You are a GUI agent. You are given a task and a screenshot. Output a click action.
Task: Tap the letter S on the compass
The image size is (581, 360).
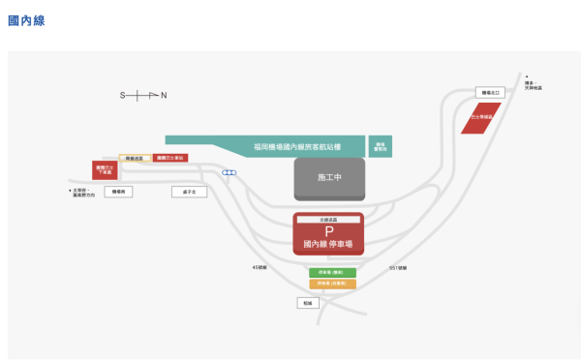[x=122, y=95]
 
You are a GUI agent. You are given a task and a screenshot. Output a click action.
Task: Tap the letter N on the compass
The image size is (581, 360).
[x=164, y=95]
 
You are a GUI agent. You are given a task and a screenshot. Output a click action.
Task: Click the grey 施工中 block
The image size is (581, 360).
[x=329, y=179]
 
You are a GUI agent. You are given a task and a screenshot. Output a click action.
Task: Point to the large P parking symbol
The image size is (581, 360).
[x=328, y=231]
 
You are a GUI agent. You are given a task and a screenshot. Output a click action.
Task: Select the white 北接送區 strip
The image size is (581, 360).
[x=328, y=221]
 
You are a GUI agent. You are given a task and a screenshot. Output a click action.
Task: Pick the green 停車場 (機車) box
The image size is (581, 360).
[x=332, y=273]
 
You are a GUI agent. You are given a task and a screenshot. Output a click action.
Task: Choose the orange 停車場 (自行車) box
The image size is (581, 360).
[x=332, y=284]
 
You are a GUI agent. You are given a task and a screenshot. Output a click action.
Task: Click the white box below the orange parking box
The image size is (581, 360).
[x=308, y=303]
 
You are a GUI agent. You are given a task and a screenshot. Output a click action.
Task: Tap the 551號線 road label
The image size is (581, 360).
[x=398, y=267]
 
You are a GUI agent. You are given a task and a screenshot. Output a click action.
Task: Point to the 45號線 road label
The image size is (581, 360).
[x=259, y=266]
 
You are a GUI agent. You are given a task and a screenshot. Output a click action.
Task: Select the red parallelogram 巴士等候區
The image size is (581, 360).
[x=481, y=117]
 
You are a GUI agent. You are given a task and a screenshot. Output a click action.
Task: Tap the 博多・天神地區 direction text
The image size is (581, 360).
[x=533, y=85]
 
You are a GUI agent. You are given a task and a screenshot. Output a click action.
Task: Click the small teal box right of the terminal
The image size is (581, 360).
[x=381, y=147]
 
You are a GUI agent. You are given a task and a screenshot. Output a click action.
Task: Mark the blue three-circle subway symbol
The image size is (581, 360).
[x=229, y=173]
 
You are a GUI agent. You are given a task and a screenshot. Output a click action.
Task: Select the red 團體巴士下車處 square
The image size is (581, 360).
[x=105, y=170]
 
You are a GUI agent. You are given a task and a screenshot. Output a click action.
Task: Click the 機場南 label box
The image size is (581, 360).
[x=120, y=192]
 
